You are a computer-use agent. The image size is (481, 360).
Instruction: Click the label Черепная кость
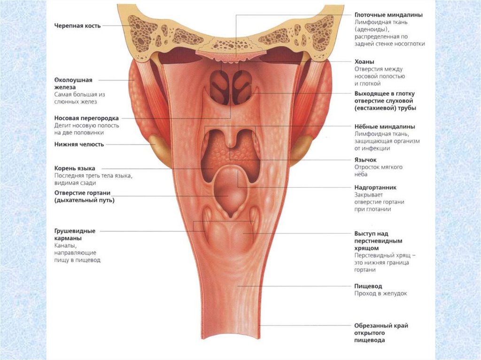pos(77,25)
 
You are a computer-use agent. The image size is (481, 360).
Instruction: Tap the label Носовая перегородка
pos(86,118)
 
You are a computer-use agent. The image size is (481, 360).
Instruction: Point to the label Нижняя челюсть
pos(78,144)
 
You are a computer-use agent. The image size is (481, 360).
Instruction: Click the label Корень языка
pos(75,168)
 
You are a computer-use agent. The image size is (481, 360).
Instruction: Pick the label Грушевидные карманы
pos(75,234)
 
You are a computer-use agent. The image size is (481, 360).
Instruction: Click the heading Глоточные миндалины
pos(388,15)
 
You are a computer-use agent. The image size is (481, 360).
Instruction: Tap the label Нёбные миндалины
pos(385,126)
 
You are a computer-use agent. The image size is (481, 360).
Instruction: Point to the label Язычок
pos(365,160)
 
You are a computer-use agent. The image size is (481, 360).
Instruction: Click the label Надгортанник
pos(376,187)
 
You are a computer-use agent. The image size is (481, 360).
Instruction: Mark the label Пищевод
pos(368,286)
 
